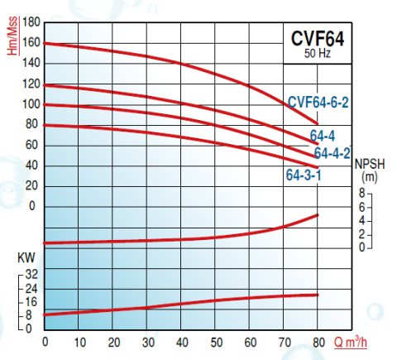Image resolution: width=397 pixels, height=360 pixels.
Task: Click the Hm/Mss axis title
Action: click(x=12, y=37)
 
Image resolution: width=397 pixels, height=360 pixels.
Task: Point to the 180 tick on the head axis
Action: click(x=30, y=22)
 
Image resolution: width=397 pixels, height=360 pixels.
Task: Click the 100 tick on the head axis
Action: click(x=30, y=104)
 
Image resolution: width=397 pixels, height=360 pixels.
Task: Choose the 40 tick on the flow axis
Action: click(x=181, y=342)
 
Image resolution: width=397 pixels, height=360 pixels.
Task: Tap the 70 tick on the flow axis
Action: click(x=284, y=342)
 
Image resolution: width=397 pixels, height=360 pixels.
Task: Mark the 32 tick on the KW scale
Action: click(x=31, y=274)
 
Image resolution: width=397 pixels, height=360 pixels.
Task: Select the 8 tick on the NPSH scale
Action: click(x=361, y=193)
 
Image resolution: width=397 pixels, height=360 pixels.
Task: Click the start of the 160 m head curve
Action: click(x=45, y=43)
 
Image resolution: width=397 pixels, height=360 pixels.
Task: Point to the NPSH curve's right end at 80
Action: click(x=318, y=215)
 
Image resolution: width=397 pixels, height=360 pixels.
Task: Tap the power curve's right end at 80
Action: click(x=318, y=295)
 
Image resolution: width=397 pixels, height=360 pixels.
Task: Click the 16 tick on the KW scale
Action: click(x=31, y=301)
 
